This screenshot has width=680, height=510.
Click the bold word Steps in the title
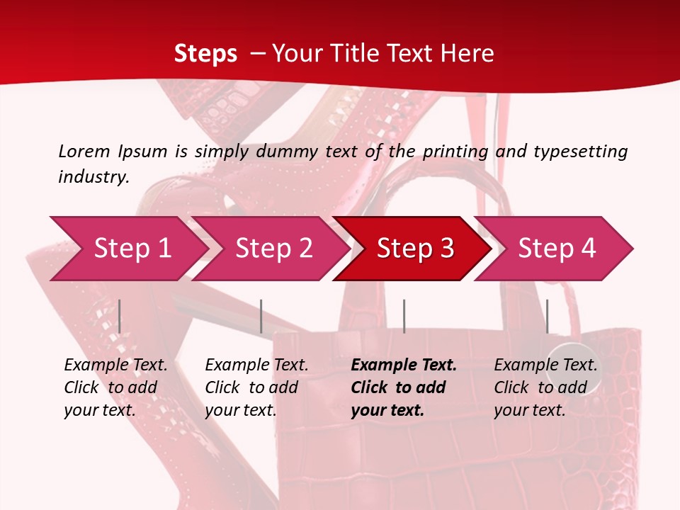pyautogui.click(x=205, y=54)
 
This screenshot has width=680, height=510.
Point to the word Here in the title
pyautogui.click(x=467, y=54)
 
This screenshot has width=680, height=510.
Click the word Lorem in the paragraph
pyautogui.click(x=84, y=151)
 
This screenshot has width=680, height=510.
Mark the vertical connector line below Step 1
pyautogui.click(x=120, y=316)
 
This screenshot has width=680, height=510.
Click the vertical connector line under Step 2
pyautogui.click(x=261, y=316)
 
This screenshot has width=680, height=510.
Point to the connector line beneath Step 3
pyautogui.click(x=404, y=316)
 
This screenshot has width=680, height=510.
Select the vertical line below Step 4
pyautogui.click(x=547, y=316)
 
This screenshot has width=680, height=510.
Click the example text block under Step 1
pyautogui.click(x=115, y=387)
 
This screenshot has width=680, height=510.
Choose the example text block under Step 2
pyautogui.click(x=256, y=387)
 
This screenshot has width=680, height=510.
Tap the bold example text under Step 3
pyautogui.click(x=404, y=387)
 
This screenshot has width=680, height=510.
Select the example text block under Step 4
pyautogui.click(x=545, y=387)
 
